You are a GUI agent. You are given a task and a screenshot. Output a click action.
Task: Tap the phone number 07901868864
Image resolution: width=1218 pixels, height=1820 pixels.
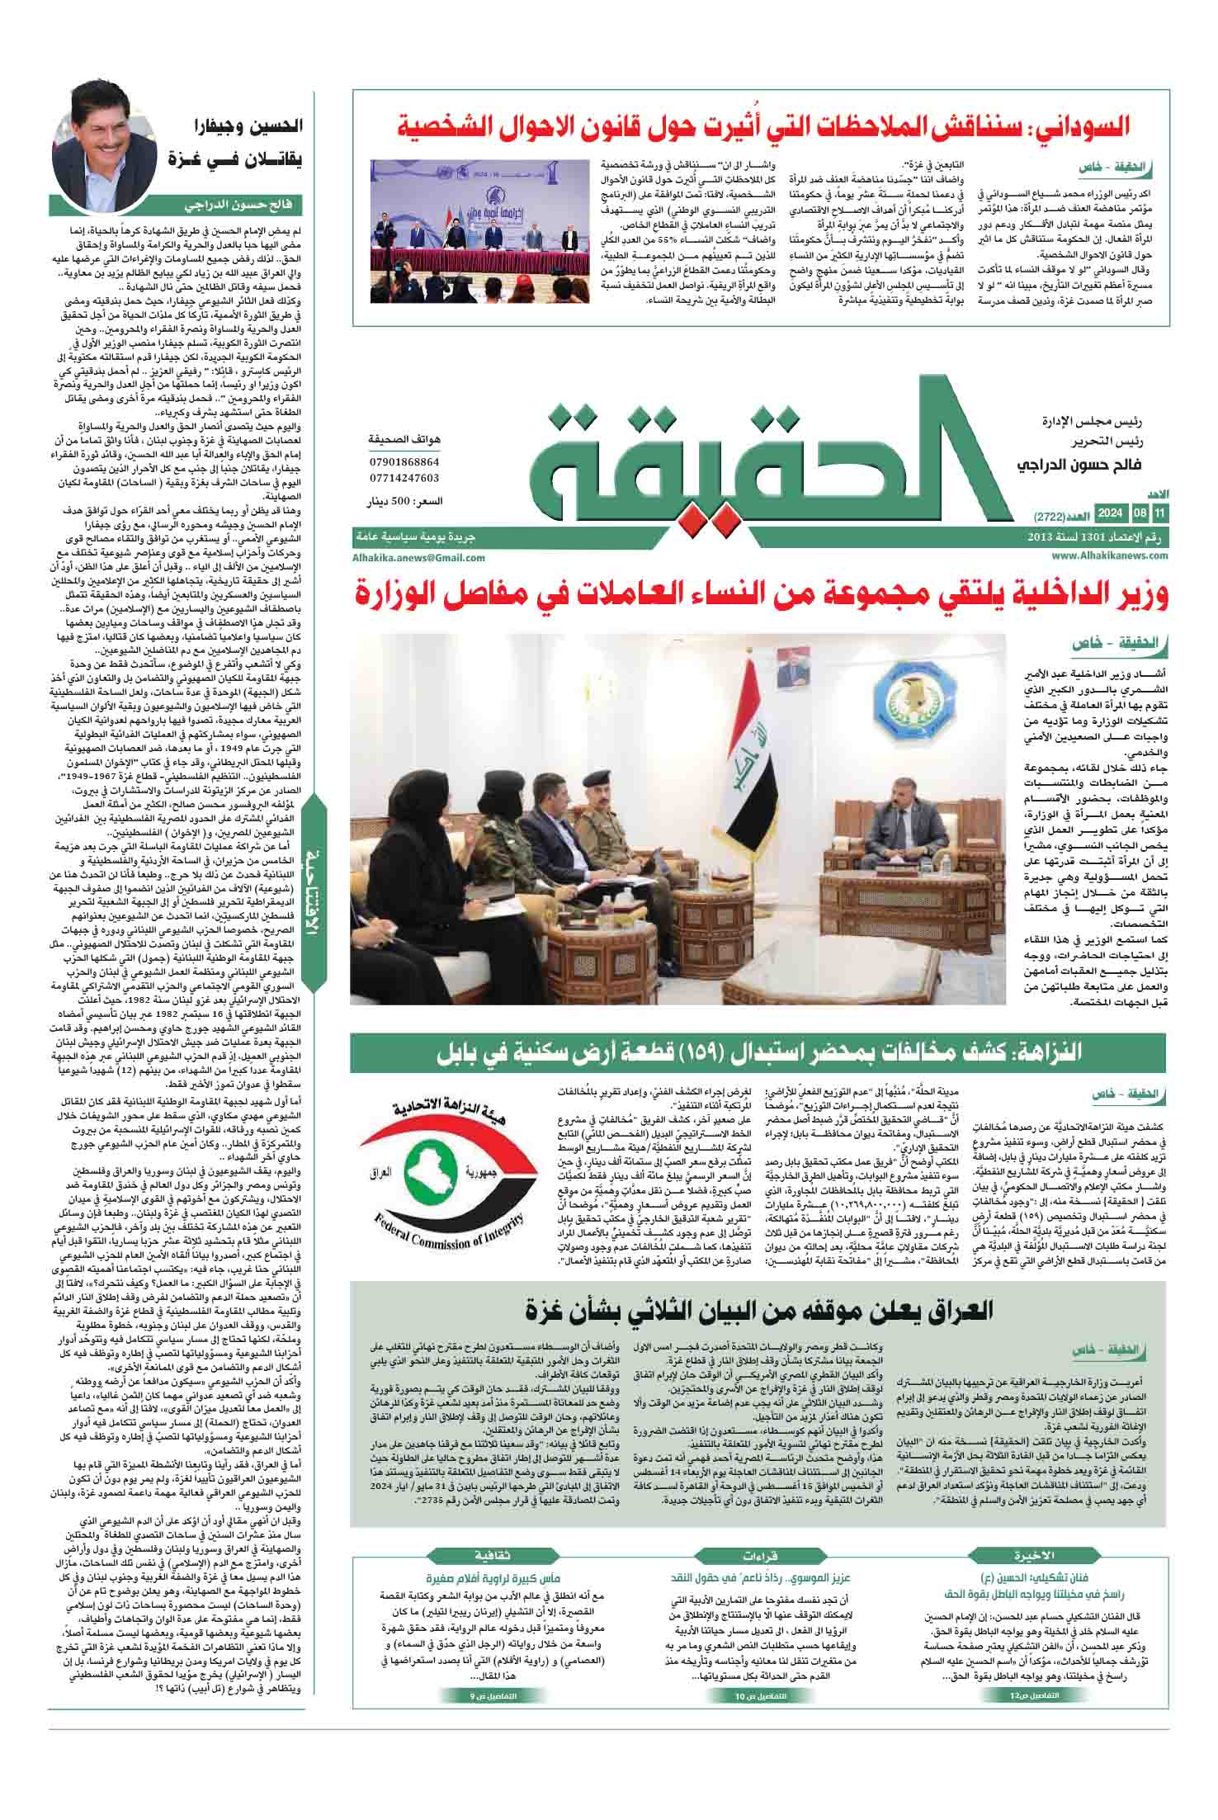click(x=404, y=463)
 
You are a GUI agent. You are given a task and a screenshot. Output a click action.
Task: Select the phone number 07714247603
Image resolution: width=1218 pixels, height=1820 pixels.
click(x=404, y=478)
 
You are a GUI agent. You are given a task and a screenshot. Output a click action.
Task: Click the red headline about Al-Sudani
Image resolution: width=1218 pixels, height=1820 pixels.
click(x=763, y=127)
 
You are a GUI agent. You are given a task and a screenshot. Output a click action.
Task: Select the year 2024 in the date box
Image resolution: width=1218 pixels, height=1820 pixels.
click(x=1111, y=516)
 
